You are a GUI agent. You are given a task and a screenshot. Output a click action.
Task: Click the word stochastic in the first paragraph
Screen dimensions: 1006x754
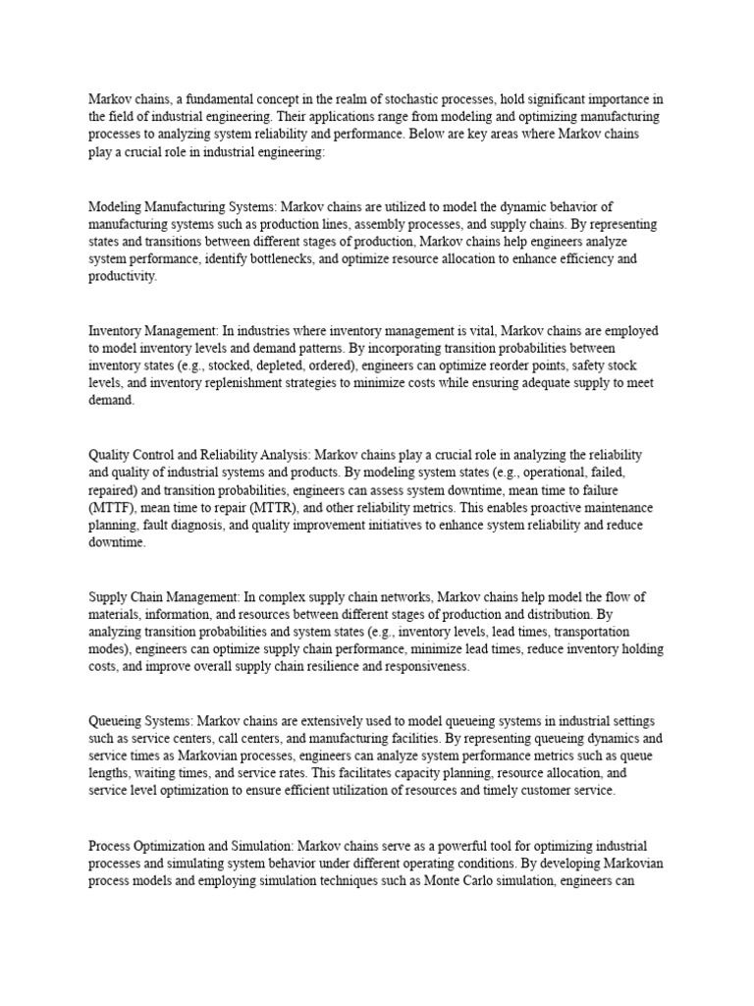[x=400, y=99]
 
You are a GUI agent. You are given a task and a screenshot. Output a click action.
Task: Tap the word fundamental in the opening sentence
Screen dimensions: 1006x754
[x=205, y=99]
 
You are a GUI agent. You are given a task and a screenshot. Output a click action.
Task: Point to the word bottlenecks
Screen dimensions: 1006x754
[x=314, y=259]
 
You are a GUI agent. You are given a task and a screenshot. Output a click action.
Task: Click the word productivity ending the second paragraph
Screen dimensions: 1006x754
[x=122, y=277]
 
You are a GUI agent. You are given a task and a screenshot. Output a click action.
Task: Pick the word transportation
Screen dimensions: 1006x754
[x=588, y=632]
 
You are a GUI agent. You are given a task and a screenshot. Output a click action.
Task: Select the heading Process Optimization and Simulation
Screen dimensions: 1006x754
[x=189, y=845]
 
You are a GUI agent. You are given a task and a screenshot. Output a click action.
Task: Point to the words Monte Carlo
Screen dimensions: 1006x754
[x=462, y=880]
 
